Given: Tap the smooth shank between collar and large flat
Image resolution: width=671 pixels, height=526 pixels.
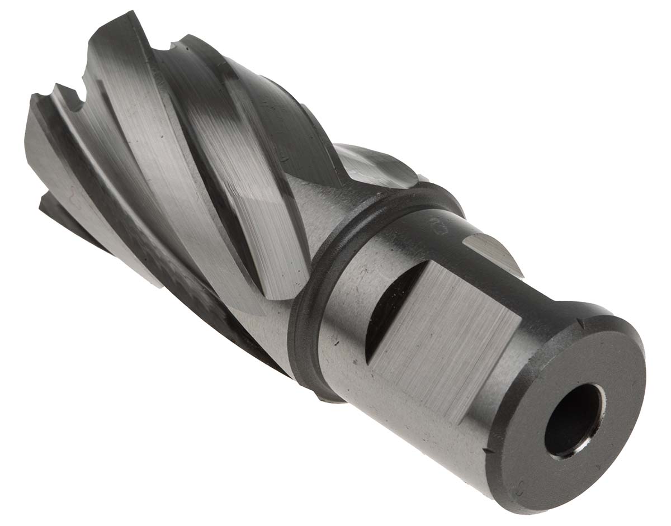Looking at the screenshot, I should pos(347,313).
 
